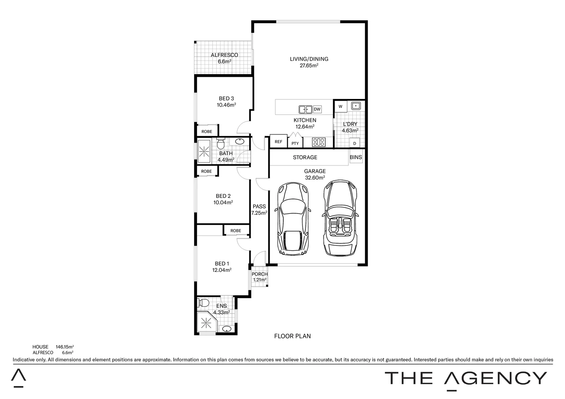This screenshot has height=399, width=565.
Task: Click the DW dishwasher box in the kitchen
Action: pyautogui.click(x=317, y=109)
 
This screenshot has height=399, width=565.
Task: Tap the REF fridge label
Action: pyautogui.click(x=278, y=142)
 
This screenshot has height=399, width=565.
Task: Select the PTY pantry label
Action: pyautogui.click(x=295, y=143)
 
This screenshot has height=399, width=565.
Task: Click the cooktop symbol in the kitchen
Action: pyautogui.click(x=318, y=142)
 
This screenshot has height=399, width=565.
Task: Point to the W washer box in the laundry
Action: pyautogui.click(x=340, y=106)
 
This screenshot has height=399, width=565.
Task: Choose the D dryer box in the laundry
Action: pyautogui.click(x=355, y=143)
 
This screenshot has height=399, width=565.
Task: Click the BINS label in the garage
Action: pyautogui.click(x=356, y=157)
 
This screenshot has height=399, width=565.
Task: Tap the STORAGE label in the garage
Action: pyautogui.click(x=305, y=157)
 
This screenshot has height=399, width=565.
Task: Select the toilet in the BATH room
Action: pyautogui.click(x=221, y=142)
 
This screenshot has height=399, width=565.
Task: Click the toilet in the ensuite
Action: pyautogui.click(x=203, y=303)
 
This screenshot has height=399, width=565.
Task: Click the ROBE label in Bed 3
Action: pyautogui.click(x=207, y=132)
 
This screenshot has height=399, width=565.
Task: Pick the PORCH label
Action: pyautogui.click(x=259, y=274)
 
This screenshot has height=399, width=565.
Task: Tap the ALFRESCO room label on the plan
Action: pyautogui.click(x=224, y=55)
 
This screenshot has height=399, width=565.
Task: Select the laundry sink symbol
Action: pyautogui.click(x=355, y=106)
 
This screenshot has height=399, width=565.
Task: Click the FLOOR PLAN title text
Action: pyautogui.click(x=292, y=336)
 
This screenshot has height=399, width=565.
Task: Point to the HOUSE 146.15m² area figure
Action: pyautogui.click(x=65, y=347)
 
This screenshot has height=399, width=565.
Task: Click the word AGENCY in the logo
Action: pyautogui.click(x=495, y=378)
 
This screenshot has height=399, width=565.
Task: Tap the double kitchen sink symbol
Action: pyautogui.click(x=305, y=109)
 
